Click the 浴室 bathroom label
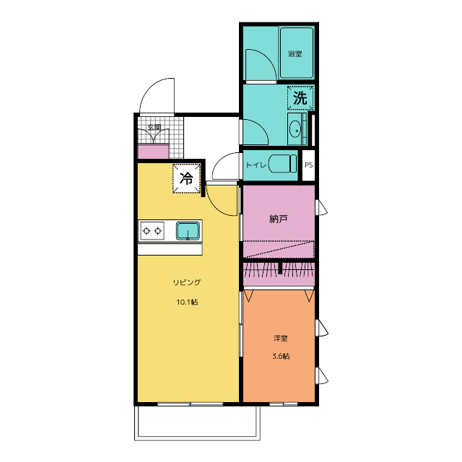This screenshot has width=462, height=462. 295,54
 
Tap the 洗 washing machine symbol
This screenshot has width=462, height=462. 300,98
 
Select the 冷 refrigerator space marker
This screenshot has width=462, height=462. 186,178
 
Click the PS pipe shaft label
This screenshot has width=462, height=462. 308,165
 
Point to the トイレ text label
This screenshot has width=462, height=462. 256,165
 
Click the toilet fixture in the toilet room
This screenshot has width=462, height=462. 282,164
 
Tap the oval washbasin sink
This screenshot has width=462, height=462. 295,129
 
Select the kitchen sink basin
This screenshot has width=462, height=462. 188,231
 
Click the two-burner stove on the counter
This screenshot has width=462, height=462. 152,231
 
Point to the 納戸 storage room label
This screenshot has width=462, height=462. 279,219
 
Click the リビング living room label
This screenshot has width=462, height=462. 187,282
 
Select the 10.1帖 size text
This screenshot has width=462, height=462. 187,302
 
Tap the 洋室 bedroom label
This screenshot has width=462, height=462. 281,338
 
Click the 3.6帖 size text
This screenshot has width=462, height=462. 281,356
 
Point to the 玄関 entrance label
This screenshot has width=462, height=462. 154,128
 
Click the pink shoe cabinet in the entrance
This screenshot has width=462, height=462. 153,151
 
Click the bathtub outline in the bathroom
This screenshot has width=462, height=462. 297,53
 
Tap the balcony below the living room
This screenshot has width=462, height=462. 197,423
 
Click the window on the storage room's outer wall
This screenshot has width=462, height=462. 321,207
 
